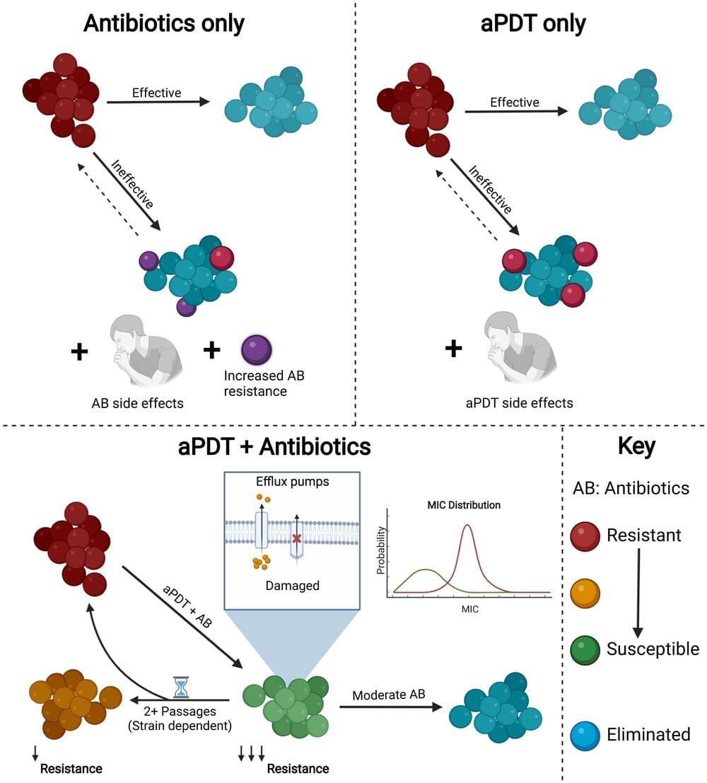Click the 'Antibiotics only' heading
[164, 23]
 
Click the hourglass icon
[183, 686]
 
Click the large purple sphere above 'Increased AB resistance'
[255, 349]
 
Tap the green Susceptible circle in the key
[585, 649]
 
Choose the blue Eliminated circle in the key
[585, 734]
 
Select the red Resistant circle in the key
[585, 535]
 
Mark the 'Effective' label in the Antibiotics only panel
[157, 93]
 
